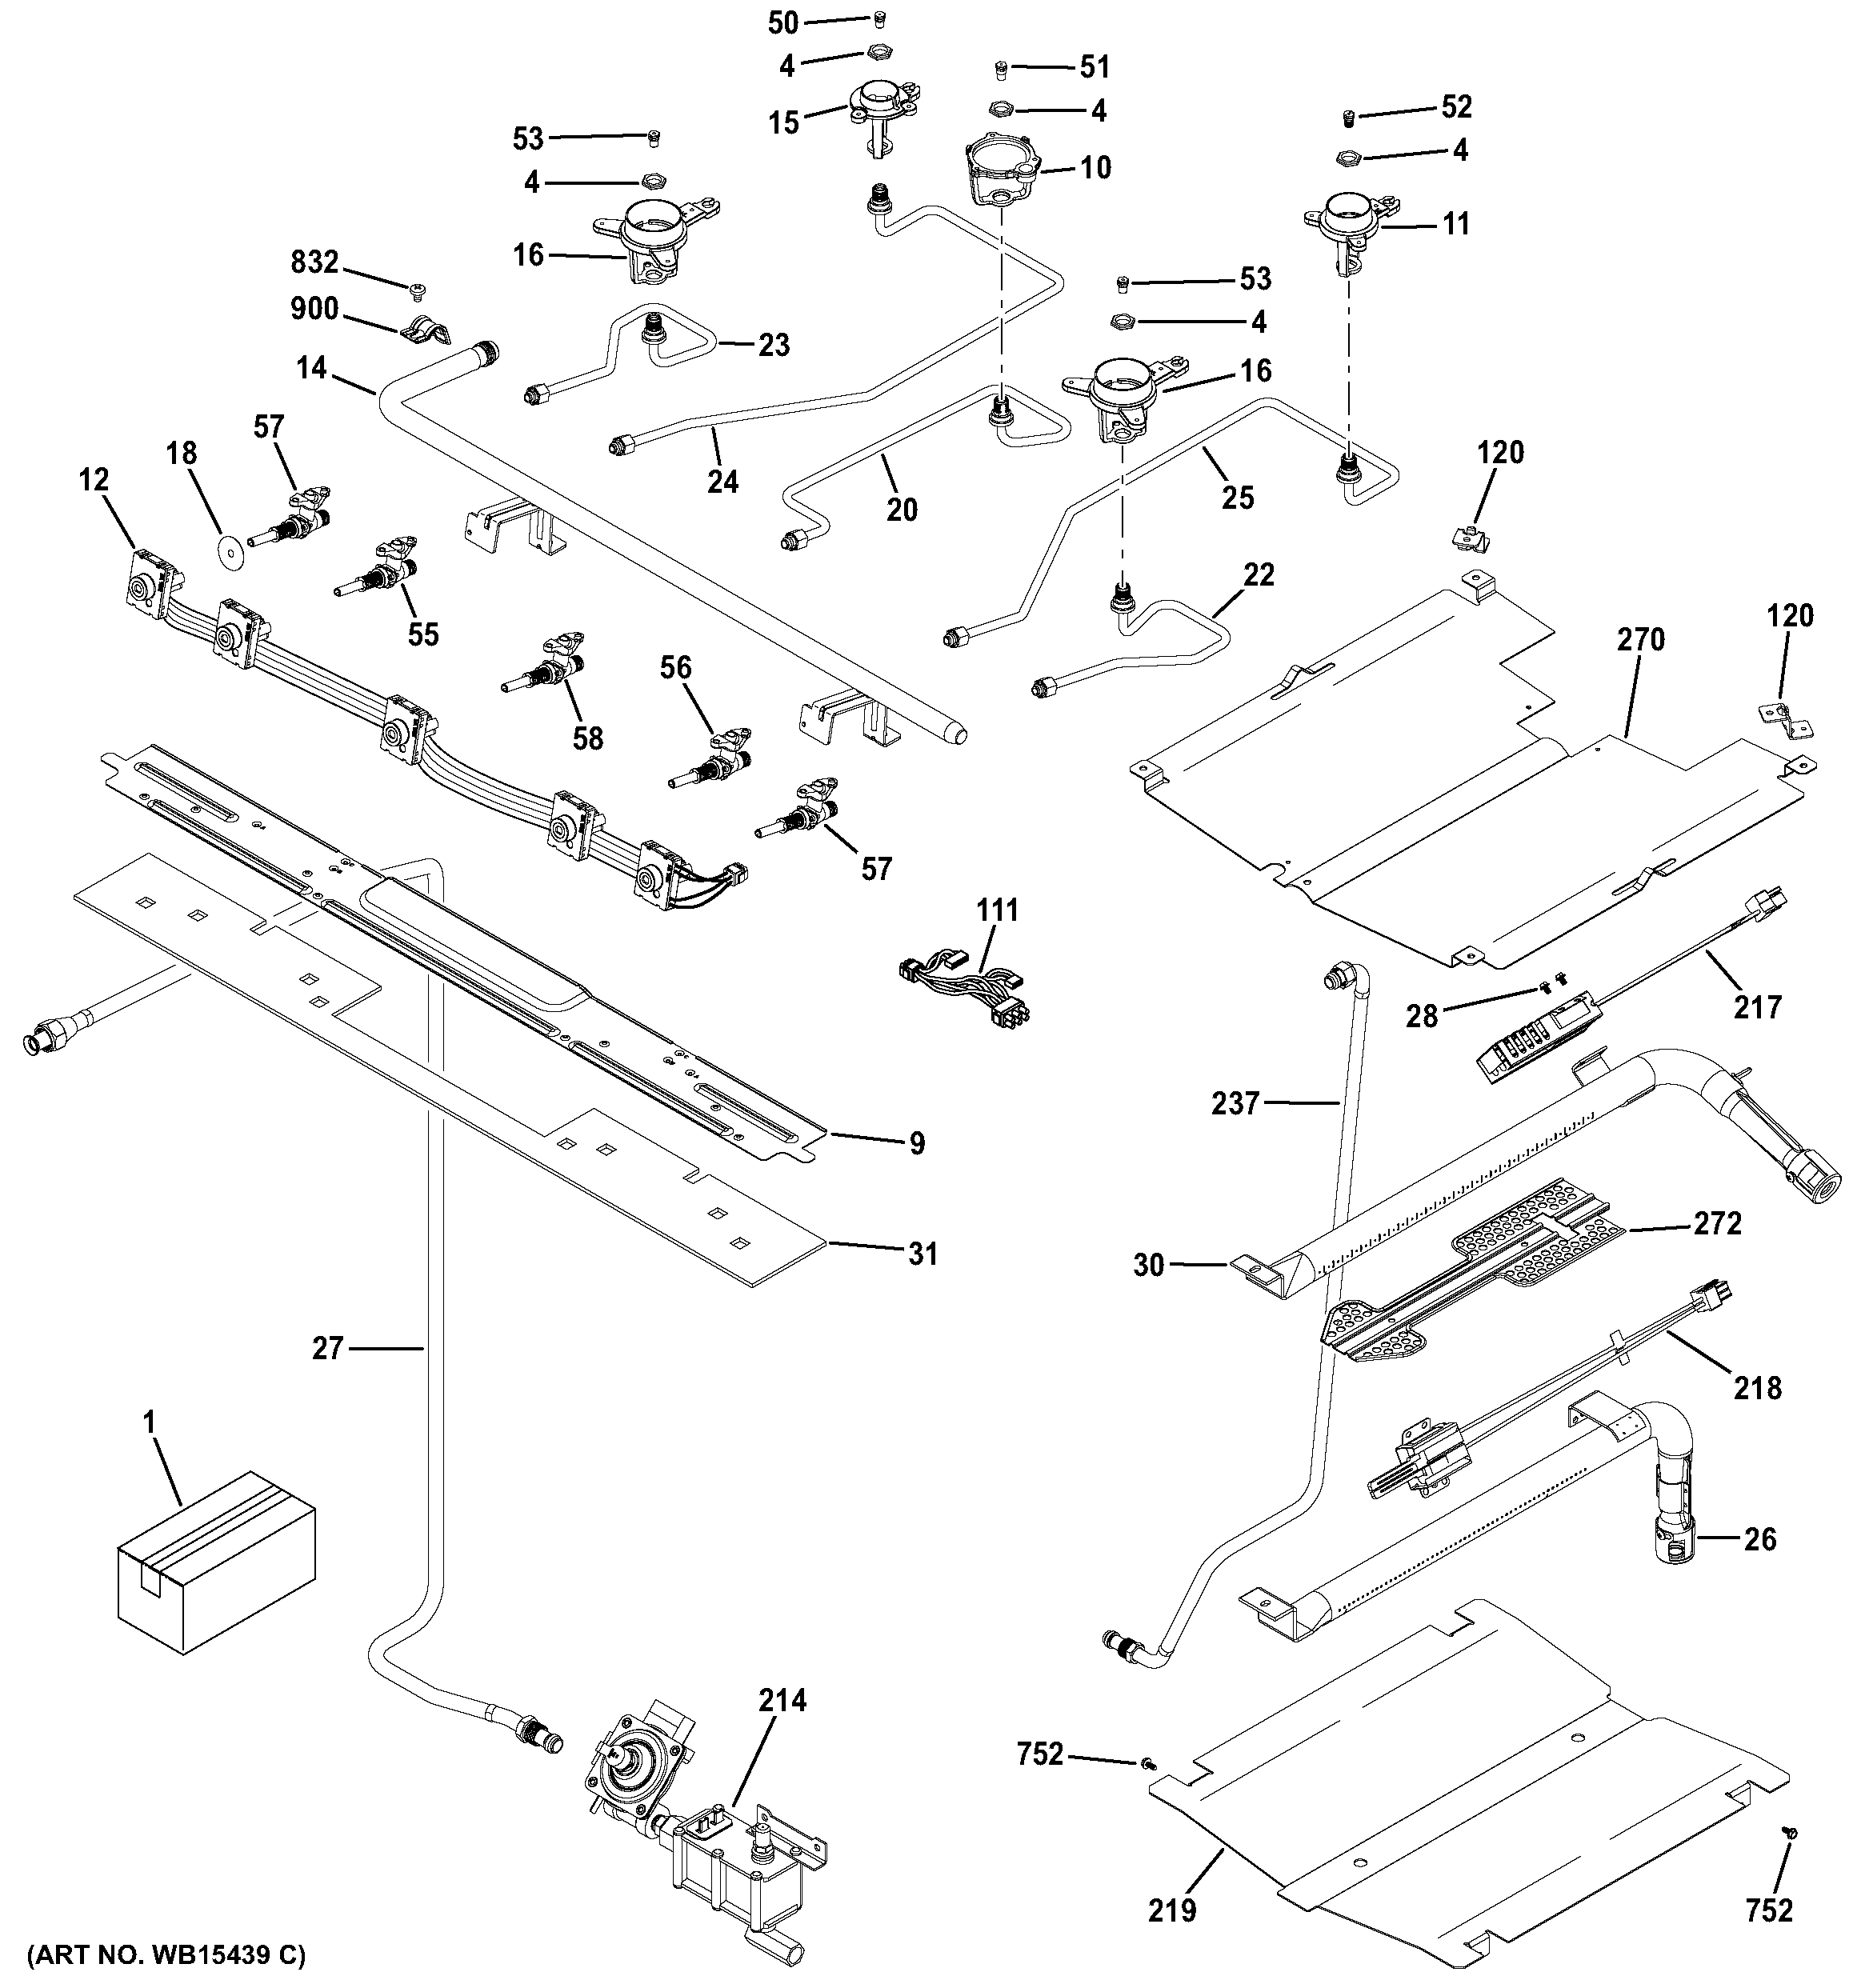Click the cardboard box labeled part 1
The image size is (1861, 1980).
(x=215, y=1566)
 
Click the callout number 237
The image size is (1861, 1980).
(x=1235, y=1103)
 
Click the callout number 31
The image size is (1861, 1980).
(x=922, y=1253)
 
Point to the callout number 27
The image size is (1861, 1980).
(x=328, y=1349)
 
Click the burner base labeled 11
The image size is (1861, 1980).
(x=1346, y=224)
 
